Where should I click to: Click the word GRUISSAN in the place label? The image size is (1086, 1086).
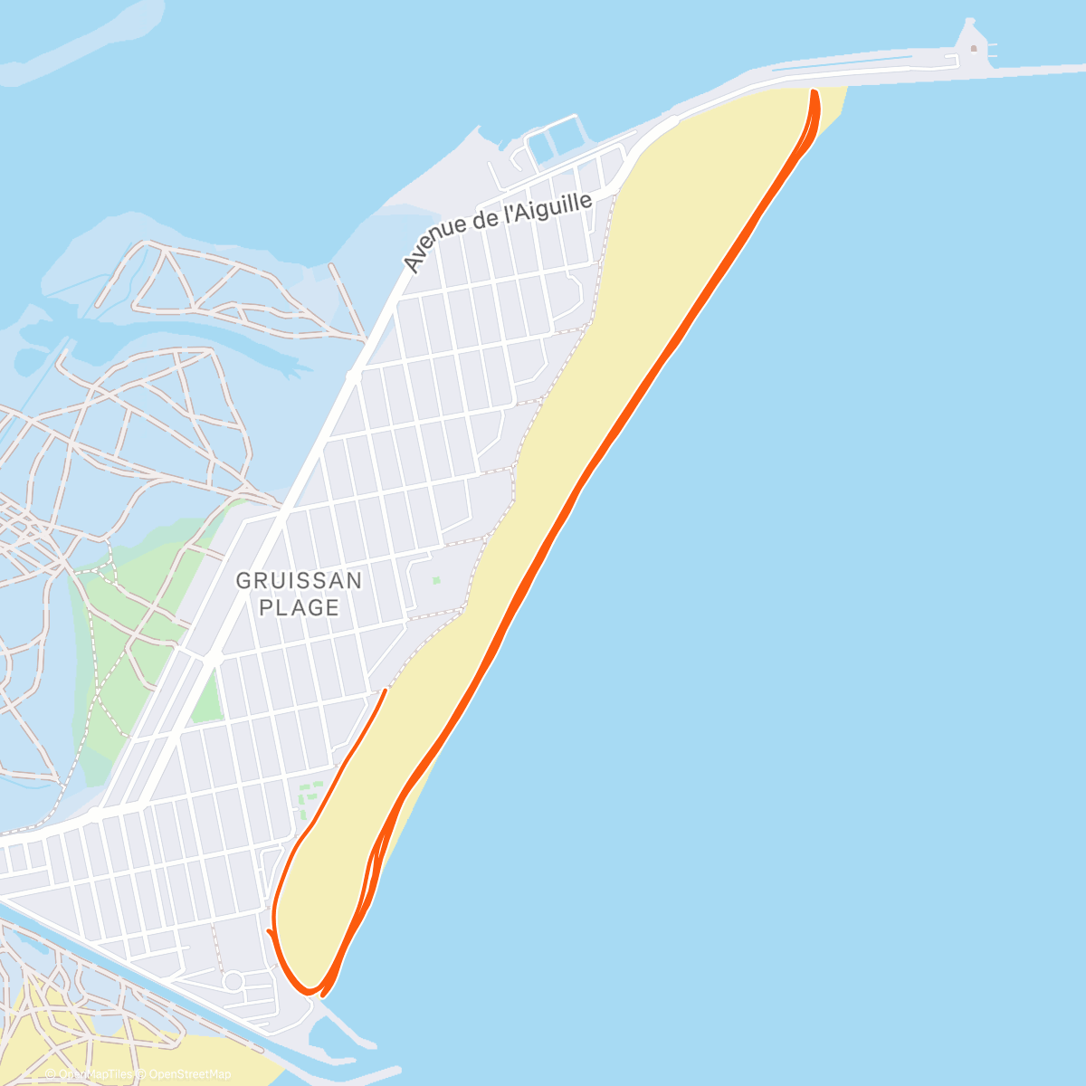pos(299,580)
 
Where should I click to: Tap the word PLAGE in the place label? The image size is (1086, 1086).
pos(299,607)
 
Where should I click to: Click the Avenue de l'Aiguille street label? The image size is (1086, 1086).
pos(497,232)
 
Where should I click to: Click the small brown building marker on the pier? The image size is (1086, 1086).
pos(973,48)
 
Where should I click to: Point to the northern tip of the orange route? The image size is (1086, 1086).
pos(814,92)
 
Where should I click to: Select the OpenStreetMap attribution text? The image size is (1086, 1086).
pos(189,1074)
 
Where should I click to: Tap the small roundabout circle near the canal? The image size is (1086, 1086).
pos(233,980)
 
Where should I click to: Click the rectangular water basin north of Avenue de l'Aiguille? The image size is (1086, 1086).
pos(554,142)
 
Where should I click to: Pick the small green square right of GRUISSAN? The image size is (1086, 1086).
pos(436,580)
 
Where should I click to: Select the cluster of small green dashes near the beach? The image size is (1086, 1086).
pos(310,796)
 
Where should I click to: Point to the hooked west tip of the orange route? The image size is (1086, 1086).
pos(270,931)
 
